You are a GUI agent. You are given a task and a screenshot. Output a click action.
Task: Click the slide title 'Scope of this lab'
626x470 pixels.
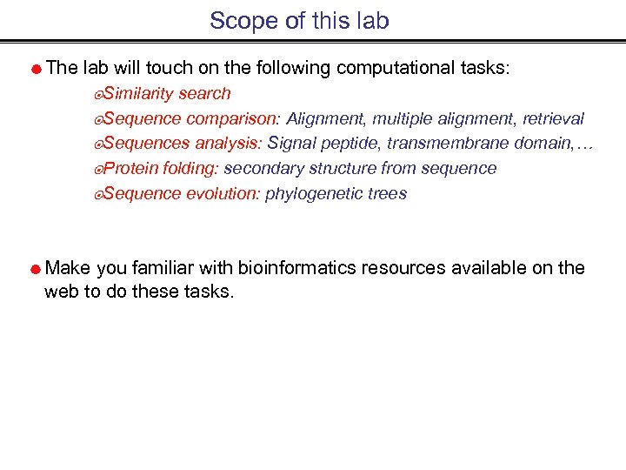(299, 20)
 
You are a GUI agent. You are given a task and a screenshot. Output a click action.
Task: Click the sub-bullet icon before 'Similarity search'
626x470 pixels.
(98, 94)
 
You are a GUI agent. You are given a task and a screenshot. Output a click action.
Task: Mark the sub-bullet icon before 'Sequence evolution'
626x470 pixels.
(98, 194)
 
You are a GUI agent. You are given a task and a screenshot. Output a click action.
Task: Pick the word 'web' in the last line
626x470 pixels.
(61, 292)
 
